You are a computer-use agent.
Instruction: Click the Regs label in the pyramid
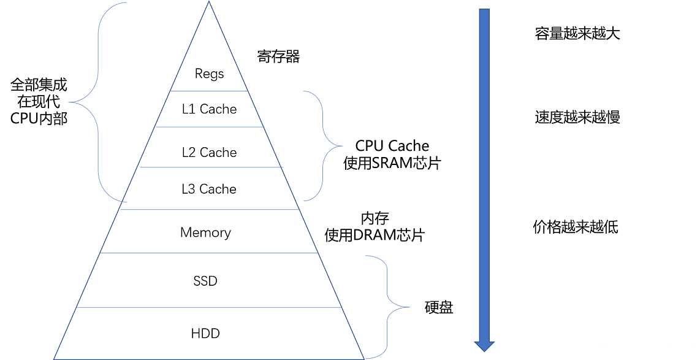coord(209,74)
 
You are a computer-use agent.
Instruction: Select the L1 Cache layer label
coord(209,109)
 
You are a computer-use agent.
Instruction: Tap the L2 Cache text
coord(209,153)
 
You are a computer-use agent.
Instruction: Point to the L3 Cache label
coord(209,189)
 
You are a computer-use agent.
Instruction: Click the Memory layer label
coord(205,232)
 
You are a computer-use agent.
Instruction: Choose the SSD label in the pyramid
coord(205,281)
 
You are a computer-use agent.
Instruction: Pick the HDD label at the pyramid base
coord(205,334)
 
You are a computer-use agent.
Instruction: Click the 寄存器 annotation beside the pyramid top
coord(278,57)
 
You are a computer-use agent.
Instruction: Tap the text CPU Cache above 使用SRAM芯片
coord(392,146)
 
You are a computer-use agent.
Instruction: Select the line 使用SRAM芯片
coord(392,164)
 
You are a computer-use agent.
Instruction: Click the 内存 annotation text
coord(375,218)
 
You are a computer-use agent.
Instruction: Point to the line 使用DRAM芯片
coord(375,236)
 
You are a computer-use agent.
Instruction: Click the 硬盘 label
coord(439,307)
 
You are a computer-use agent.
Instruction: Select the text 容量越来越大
coord(577,34)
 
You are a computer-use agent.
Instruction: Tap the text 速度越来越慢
coord(577,117)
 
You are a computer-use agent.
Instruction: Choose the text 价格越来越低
coord(576,228)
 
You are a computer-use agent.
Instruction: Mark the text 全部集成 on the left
coord(39,84)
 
